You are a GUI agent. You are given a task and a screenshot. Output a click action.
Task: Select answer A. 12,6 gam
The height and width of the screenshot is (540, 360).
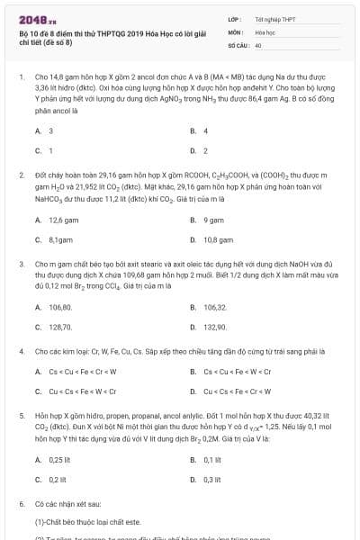(x=57, y=220)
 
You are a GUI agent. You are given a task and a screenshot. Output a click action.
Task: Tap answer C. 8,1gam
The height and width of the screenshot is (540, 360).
(x=55, y=239)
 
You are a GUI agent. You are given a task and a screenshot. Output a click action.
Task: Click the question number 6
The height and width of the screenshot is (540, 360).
(x=21, y=506)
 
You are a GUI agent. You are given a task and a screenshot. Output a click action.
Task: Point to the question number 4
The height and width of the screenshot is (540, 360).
(x=21, y=351)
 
